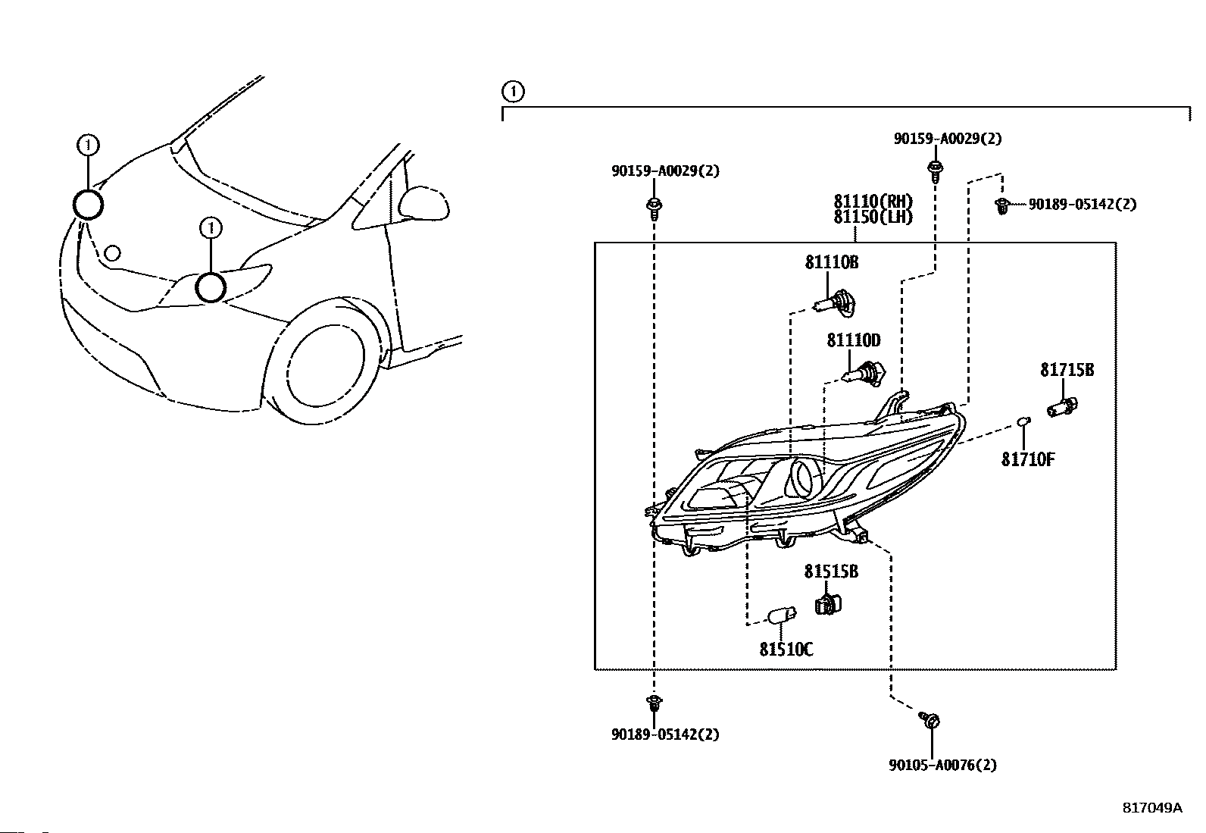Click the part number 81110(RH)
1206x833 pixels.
(873, 202)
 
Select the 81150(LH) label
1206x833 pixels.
(873, 217)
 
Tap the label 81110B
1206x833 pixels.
(832, 262)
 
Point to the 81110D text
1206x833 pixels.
(854, 340)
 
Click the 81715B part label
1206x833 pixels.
(1067, 370)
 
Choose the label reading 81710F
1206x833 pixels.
(1028, 459)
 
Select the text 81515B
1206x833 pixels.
(831, 572)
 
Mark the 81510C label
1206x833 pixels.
(786, 650)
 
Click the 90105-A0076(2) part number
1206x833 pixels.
(942, 765)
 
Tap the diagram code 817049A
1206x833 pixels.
(1152, 808)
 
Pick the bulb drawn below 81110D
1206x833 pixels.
(864, 373)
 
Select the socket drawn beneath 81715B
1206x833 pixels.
(1062, 406)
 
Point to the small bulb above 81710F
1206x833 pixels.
(1023, 421)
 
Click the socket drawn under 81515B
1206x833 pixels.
(828, 605)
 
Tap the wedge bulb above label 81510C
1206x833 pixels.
(782, 616)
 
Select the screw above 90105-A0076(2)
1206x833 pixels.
(930, 720)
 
